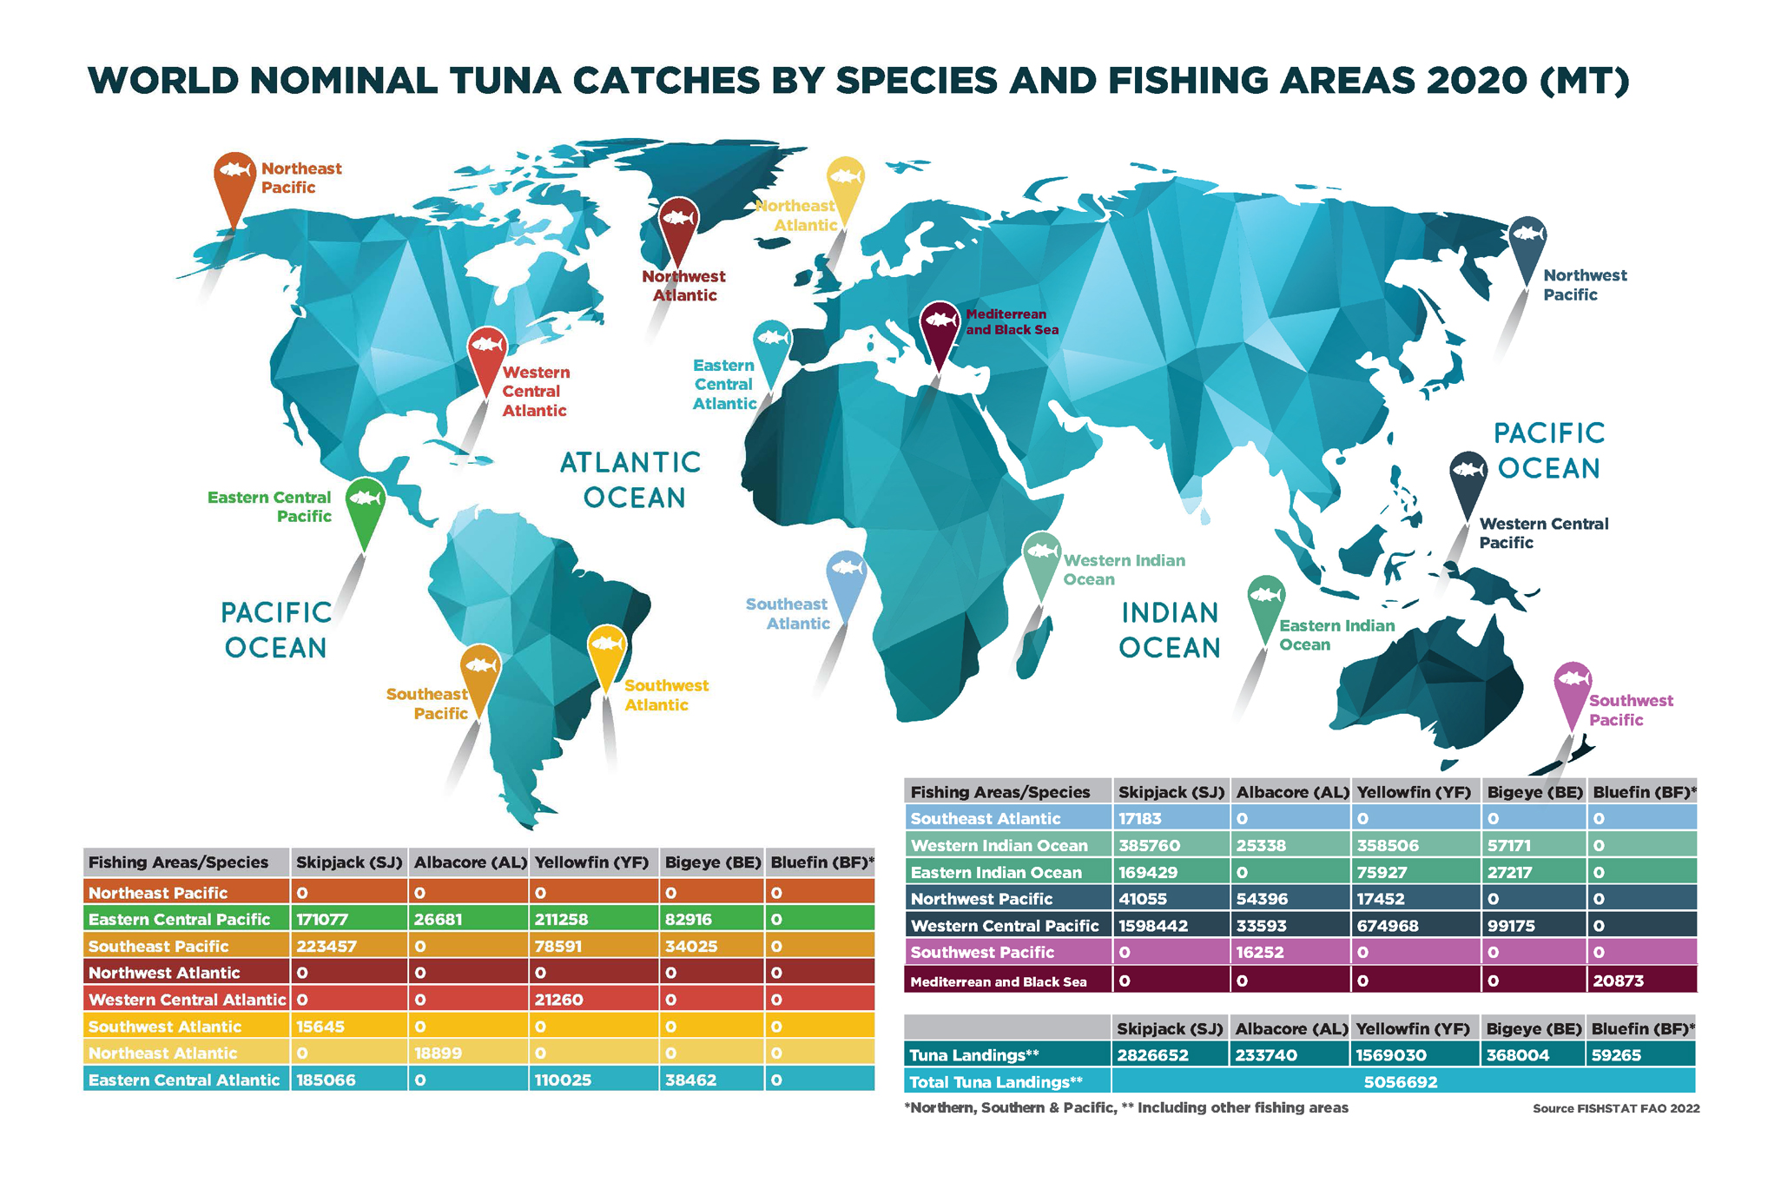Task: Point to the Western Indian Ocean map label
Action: coord(1124,570)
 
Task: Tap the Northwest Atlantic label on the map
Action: coord(683,286)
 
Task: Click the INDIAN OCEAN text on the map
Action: coord(1170,630)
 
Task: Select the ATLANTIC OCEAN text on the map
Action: coord(631,479)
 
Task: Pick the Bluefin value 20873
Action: coord(1618,981)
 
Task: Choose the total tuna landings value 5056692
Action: coord(1400,1082)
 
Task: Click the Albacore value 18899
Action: coord(438,1053)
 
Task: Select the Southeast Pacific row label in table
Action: coord(159,946)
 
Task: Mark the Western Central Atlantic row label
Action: coord(187,1000)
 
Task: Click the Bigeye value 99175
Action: coord(1511,926)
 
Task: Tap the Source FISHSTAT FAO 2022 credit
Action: coord(1615,1108)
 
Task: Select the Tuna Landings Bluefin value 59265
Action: coord(1615,1055)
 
